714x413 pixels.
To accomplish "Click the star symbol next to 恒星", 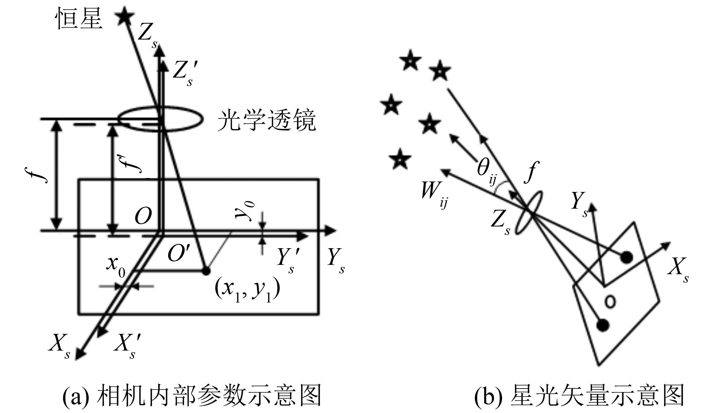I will [x=125, y=17].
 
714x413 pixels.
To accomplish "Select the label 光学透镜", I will [x=267, y=121].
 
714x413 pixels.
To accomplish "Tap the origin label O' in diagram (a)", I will [x=179, y=254].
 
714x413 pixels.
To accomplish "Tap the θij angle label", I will [x=486, y=171].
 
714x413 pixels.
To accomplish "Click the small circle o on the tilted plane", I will [x=610, y=301].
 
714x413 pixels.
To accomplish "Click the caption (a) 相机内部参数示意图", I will [x=192, y=396].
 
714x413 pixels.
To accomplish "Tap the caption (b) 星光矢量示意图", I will [x=580, y=396].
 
